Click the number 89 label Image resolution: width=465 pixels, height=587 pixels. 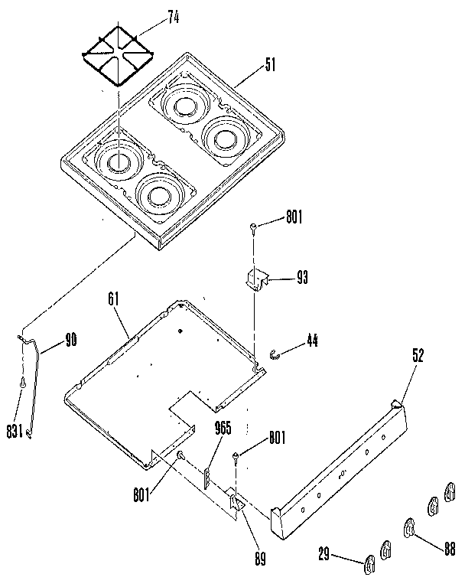pyautogui.click(x=260, y=559)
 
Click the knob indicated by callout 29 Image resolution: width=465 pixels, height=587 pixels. pyautogui.click(x=369, y=565)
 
